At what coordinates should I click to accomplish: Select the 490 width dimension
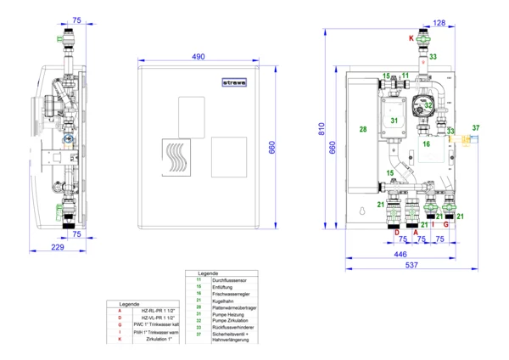(198, 57)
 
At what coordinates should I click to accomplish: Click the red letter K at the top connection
(412, 40)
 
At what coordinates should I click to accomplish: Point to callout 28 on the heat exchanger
(362, 129)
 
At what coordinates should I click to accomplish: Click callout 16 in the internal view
(426, 145)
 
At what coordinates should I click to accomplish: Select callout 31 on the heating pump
(394, 121)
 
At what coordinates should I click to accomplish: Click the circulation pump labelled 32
(428, 105)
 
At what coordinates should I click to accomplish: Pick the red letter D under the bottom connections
(396, 231)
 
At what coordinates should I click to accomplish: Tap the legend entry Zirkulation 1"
(158, 339)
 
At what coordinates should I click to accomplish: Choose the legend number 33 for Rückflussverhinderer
(199, 326)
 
